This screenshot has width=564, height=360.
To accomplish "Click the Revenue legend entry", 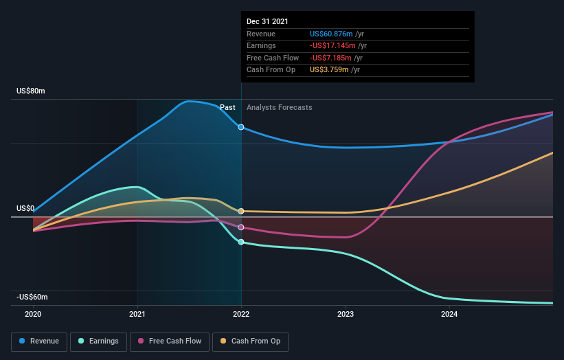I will point(40,341).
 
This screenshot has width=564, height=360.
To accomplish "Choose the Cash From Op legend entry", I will point(251,341).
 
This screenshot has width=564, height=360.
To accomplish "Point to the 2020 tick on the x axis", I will point(33,314).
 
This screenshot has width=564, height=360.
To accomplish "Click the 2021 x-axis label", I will point(137,314).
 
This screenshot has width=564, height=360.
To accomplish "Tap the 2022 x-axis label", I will point(241,314).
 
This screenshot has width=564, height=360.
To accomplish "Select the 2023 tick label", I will point(346,314).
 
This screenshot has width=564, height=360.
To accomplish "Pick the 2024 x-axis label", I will point(449,314).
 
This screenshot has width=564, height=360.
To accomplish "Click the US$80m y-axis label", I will point(31,91).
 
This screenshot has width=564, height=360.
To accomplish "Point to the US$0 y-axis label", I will point(26,208).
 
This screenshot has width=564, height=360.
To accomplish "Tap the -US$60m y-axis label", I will point(32,297).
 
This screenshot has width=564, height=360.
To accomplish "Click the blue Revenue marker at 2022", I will point(241,127).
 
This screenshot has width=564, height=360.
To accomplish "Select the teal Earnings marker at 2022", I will point(241,242).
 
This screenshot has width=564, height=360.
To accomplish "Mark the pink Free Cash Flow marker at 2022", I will point(241,227).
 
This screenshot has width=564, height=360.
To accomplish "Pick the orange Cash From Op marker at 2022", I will point(241,211).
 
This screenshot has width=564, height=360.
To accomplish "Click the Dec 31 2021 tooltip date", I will point(268,21).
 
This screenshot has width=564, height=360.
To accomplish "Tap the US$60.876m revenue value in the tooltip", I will point(332,34).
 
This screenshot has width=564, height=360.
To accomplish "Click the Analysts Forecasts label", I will point(279,107).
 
